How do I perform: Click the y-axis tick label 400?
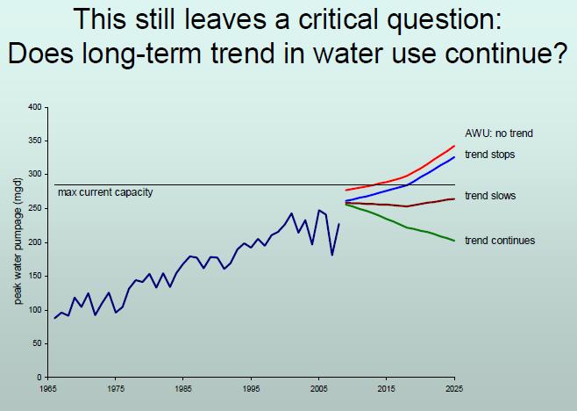pos(36,107)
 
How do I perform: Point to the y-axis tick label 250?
pos(36,208)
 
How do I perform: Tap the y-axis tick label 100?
pos(36,310)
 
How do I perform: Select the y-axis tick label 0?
pos(39,378)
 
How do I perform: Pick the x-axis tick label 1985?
pos(182,387)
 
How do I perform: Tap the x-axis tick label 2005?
pos(318,387)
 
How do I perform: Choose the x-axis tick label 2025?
pos(454,387)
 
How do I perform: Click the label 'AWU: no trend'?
pos(498,133)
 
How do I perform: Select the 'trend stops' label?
pos(489,155)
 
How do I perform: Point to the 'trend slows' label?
pos(489,196)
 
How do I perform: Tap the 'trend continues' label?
pos(499,241)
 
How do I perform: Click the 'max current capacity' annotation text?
pos(104,192)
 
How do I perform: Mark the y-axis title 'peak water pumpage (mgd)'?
pos(18,242)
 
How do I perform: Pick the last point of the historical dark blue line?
pos(338,225)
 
